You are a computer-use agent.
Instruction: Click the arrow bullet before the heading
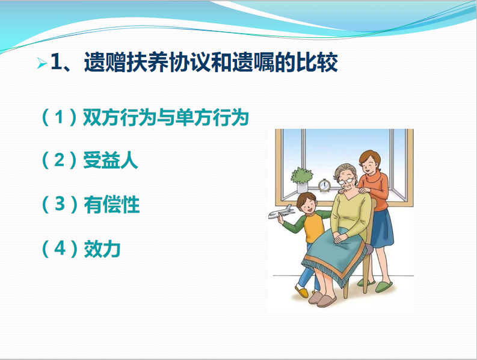(42, 63)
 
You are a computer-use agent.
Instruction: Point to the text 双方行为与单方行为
(166, 117)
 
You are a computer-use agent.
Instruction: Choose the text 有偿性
(111, 204)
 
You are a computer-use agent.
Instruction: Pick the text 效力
(102, 249)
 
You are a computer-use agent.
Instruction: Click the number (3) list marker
(60, 204)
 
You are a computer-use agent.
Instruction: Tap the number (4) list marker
(60, 249)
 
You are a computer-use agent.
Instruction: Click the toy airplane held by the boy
(281, 212)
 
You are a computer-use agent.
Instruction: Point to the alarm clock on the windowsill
(324, 185)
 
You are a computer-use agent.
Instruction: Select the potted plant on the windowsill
(302, 179)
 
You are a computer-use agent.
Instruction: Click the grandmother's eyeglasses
(346, 181)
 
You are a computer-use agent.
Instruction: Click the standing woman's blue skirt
(382, 228)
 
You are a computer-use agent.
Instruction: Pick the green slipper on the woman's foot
(384, 287)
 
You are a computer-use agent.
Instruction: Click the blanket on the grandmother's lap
(333, 256)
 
